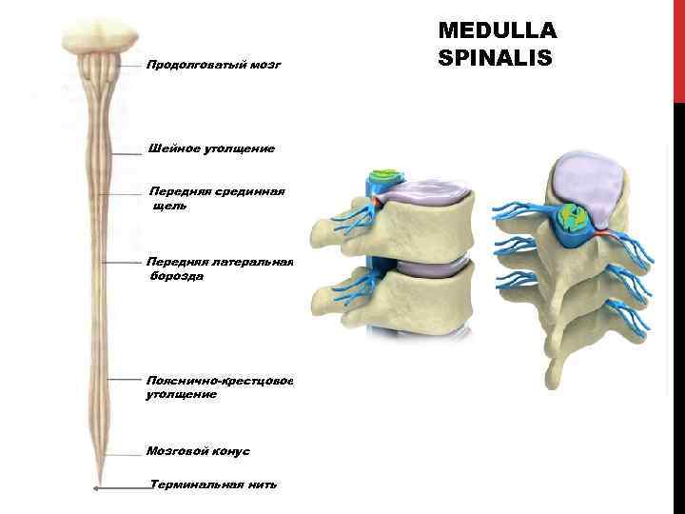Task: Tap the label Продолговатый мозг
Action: point(214,67)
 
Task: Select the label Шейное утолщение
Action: point(211,148)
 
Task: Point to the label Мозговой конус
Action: point(198,450)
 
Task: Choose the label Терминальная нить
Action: point(214,484)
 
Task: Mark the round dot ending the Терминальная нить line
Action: point(97,489)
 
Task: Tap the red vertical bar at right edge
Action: point(678,48)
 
